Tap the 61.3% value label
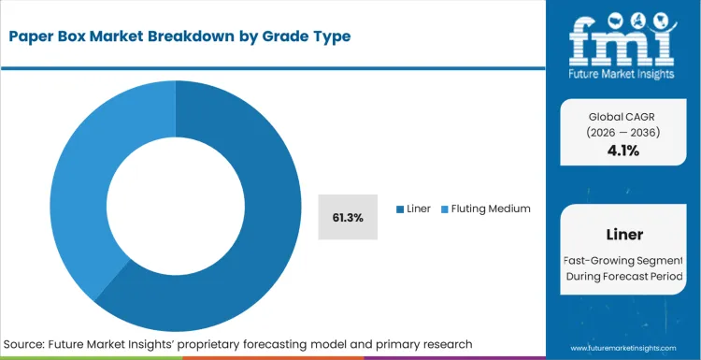[348, 217]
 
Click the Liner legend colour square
[400, 209]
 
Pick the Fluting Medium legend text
[491, 209]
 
